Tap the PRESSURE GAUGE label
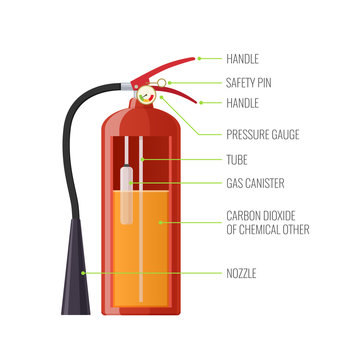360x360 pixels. click(x=263, y=133)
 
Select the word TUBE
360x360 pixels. click(x=238, y=159)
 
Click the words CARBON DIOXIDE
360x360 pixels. click(x=265, y=215)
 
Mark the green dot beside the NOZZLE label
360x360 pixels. click(x=86, y=272)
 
